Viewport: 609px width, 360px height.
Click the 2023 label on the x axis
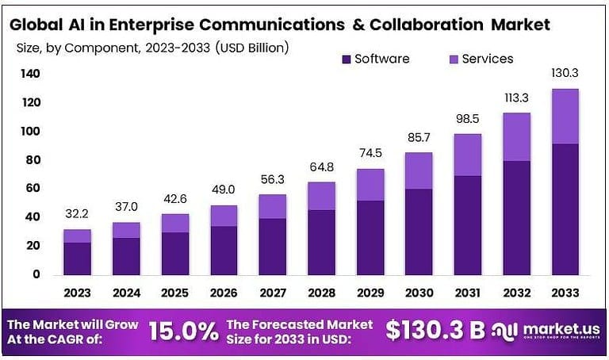(x=77, y=293)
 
